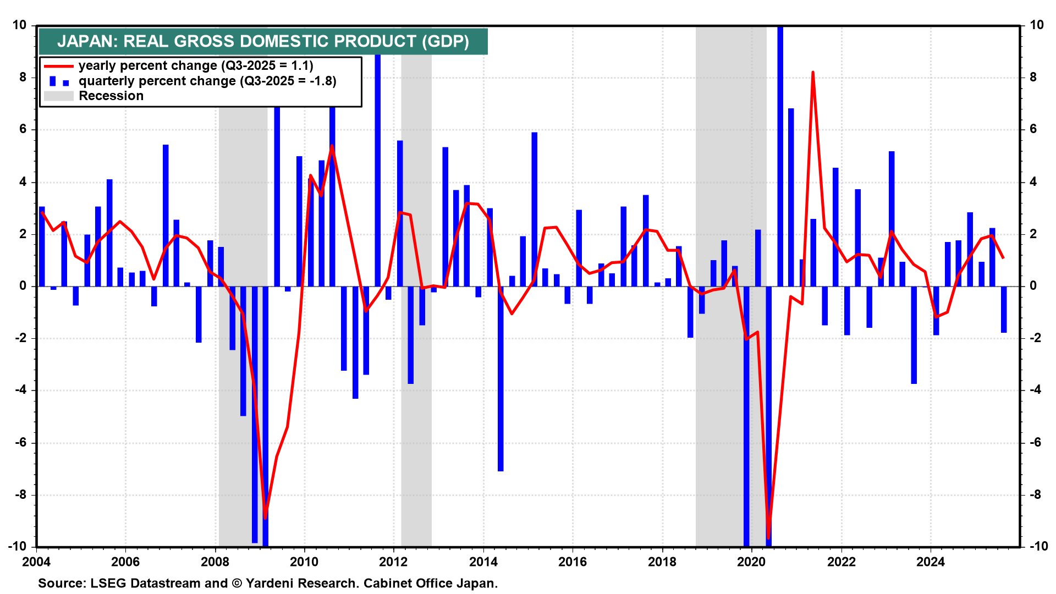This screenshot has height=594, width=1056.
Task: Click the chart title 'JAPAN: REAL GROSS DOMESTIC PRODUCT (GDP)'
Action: (263, 42)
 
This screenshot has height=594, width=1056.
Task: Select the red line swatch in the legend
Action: (58, 66)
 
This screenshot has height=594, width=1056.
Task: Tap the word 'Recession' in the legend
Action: (111, 96)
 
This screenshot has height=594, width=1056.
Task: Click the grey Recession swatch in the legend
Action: (58, 96)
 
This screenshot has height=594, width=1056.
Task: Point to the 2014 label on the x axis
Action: (483, 562)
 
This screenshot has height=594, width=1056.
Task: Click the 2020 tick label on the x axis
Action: (751, 562)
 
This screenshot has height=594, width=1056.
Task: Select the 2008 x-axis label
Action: (215, 562)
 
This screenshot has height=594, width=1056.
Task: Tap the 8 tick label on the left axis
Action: (23, 77)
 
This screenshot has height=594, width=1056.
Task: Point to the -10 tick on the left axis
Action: (18, 546)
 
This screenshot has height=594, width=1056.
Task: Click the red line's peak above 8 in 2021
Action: (813, 73)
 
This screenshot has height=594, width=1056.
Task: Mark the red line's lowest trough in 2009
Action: (265, 518)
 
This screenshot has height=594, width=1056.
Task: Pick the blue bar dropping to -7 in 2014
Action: (501, 380)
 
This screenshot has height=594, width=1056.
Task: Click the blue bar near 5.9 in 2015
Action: (534, 209)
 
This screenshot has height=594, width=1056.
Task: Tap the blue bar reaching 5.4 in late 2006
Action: (166, 215)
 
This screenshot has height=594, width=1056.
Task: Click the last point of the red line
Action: (1004, 257)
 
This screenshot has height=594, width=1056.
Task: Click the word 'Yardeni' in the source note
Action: (268, 584)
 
